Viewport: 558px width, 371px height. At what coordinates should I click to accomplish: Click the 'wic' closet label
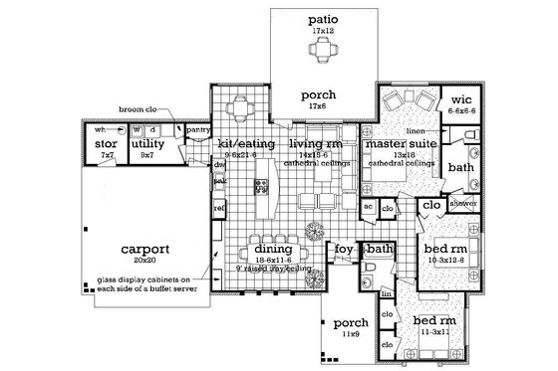tap(459, 101)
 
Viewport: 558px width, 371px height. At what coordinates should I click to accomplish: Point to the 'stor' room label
tap(107, 145)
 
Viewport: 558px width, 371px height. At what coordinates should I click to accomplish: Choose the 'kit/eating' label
tap(239, 145)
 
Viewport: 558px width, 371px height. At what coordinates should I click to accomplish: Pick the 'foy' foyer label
tap(342, 249)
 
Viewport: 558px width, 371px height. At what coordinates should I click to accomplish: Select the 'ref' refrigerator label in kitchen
tap(219, 208)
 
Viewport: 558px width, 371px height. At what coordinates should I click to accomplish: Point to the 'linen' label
tap(415, 130)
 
